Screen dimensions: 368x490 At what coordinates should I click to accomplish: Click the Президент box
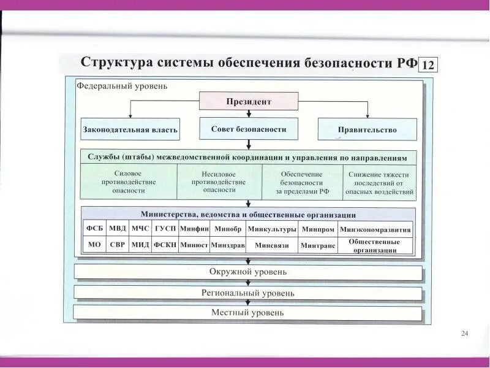click(x=249, y=101)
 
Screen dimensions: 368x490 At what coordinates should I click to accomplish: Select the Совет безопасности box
click(x=249, y=129)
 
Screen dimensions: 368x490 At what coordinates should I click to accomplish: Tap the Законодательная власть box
click(x=130, y=129)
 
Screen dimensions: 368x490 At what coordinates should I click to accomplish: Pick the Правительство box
click(x=367, y=129)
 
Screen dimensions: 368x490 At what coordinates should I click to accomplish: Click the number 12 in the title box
click(x=428, y=65)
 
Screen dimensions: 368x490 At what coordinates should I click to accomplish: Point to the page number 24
click(x=464, y=333)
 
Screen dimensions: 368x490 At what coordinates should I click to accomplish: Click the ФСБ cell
click(x=94, y=229)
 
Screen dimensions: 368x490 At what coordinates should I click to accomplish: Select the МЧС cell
click(x=140, y=229)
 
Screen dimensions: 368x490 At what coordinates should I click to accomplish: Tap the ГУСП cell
click(x=165, y=229)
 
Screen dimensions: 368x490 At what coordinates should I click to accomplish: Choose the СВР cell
click(x=117, y=245)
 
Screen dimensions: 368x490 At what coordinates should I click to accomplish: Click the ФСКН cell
click(x=165, y=245)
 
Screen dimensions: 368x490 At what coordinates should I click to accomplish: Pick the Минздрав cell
click(x=227, y=245)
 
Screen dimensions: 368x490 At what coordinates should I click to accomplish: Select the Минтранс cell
click(x=318, y=245)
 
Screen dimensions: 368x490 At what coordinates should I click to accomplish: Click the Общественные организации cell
click(x=374, y=246)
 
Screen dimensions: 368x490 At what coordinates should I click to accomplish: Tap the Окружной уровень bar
click(x=248, y=272)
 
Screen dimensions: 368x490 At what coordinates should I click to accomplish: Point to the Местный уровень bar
click(x=248, y=313)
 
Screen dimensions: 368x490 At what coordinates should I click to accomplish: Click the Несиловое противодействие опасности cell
click(x=219, y=182)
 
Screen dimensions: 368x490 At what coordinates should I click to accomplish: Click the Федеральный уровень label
click(x=122, y=86)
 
